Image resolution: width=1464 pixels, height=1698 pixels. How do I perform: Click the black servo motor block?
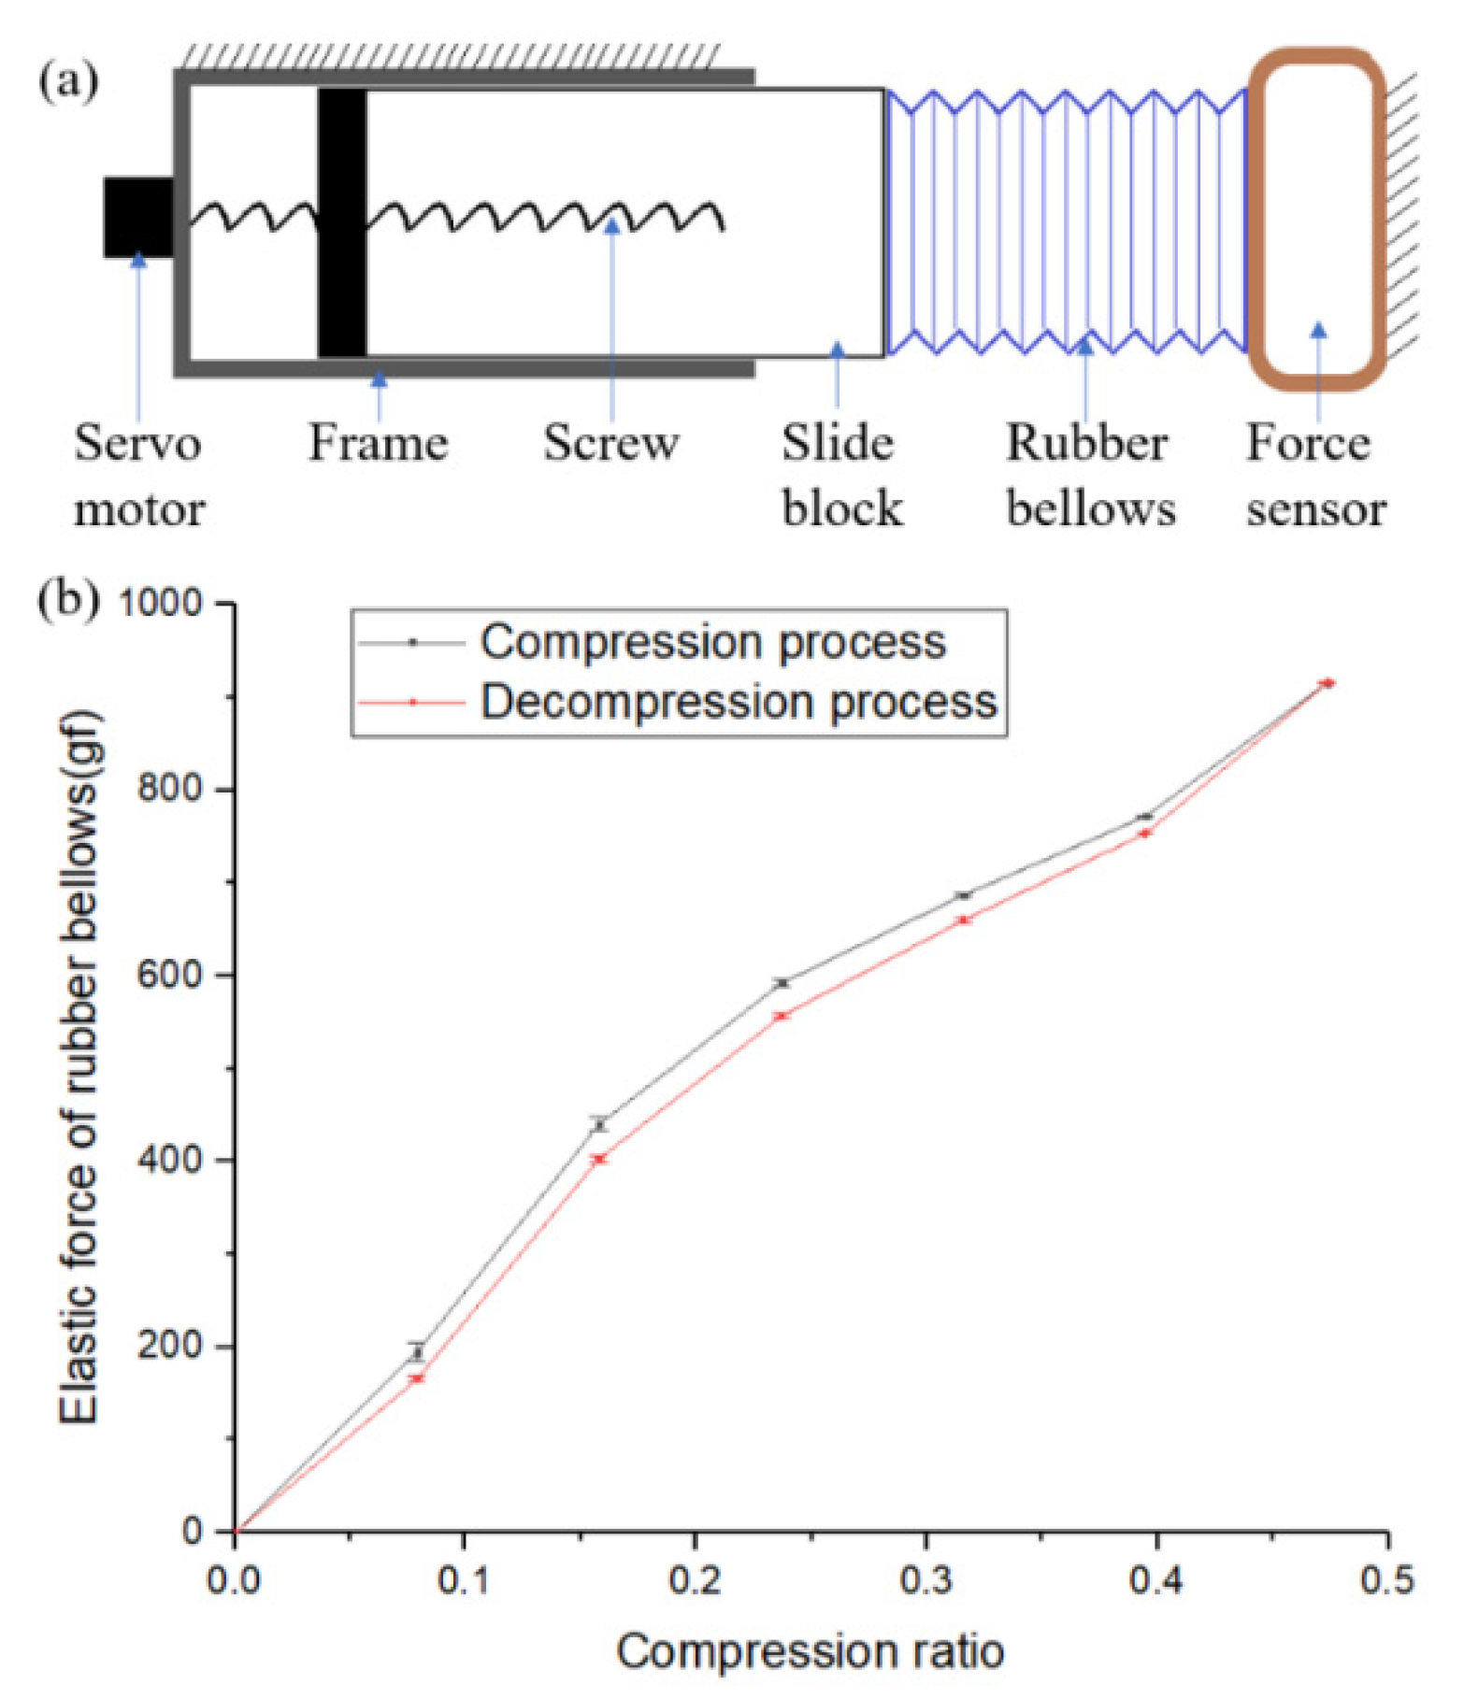point(138,217)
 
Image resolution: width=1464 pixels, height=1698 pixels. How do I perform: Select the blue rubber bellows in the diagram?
point(1066,222)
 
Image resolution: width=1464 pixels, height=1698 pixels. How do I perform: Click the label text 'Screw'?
point(610,442)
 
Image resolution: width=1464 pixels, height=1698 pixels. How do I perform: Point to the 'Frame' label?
point(378,442)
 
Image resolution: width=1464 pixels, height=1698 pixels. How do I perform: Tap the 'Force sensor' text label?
point(1314,476)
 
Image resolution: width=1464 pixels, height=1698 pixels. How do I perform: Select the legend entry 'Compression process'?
point(712,642)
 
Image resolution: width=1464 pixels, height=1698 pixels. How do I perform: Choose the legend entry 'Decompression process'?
point(739,701)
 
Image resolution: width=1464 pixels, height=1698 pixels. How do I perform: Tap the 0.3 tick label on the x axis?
point(926,1579)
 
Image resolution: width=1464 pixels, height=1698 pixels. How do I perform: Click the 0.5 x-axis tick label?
point(1387,1579)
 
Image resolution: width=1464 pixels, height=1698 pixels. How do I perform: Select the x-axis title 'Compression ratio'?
point(810,1650)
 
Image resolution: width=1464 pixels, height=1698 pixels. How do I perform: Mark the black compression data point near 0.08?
point(417,1352)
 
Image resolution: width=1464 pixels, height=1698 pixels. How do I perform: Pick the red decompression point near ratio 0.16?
point(599,1159)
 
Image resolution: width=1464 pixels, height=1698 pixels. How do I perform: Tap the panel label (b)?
point(67,598)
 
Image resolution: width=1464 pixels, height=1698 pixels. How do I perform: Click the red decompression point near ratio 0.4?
point(1144,833)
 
